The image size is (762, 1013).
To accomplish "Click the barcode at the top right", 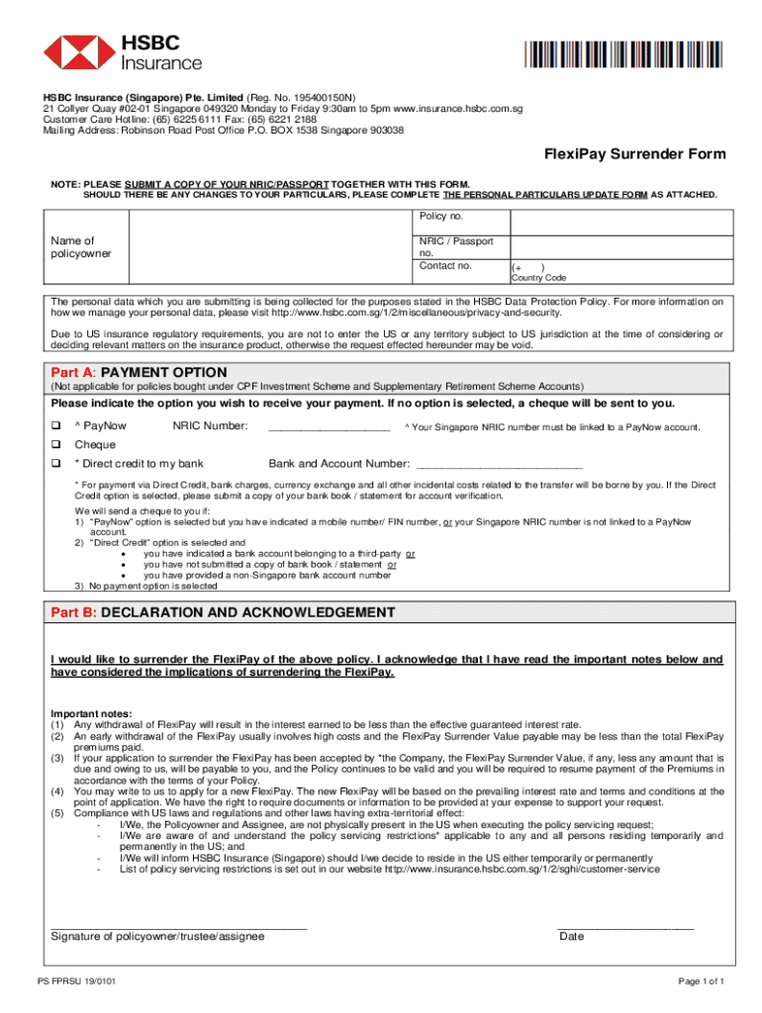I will [622, 53].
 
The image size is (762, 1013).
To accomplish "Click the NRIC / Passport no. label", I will [456, 247].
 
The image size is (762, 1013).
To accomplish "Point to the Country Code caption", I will [538, 278].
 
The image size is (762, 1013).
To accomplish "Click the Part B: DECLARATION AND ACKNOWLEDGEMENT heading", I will [223, 612].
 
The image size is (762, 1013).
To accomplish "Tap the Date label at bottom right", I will [571, 937].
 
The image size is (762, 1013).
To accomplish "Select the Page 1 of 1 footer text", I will [701, 981].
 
